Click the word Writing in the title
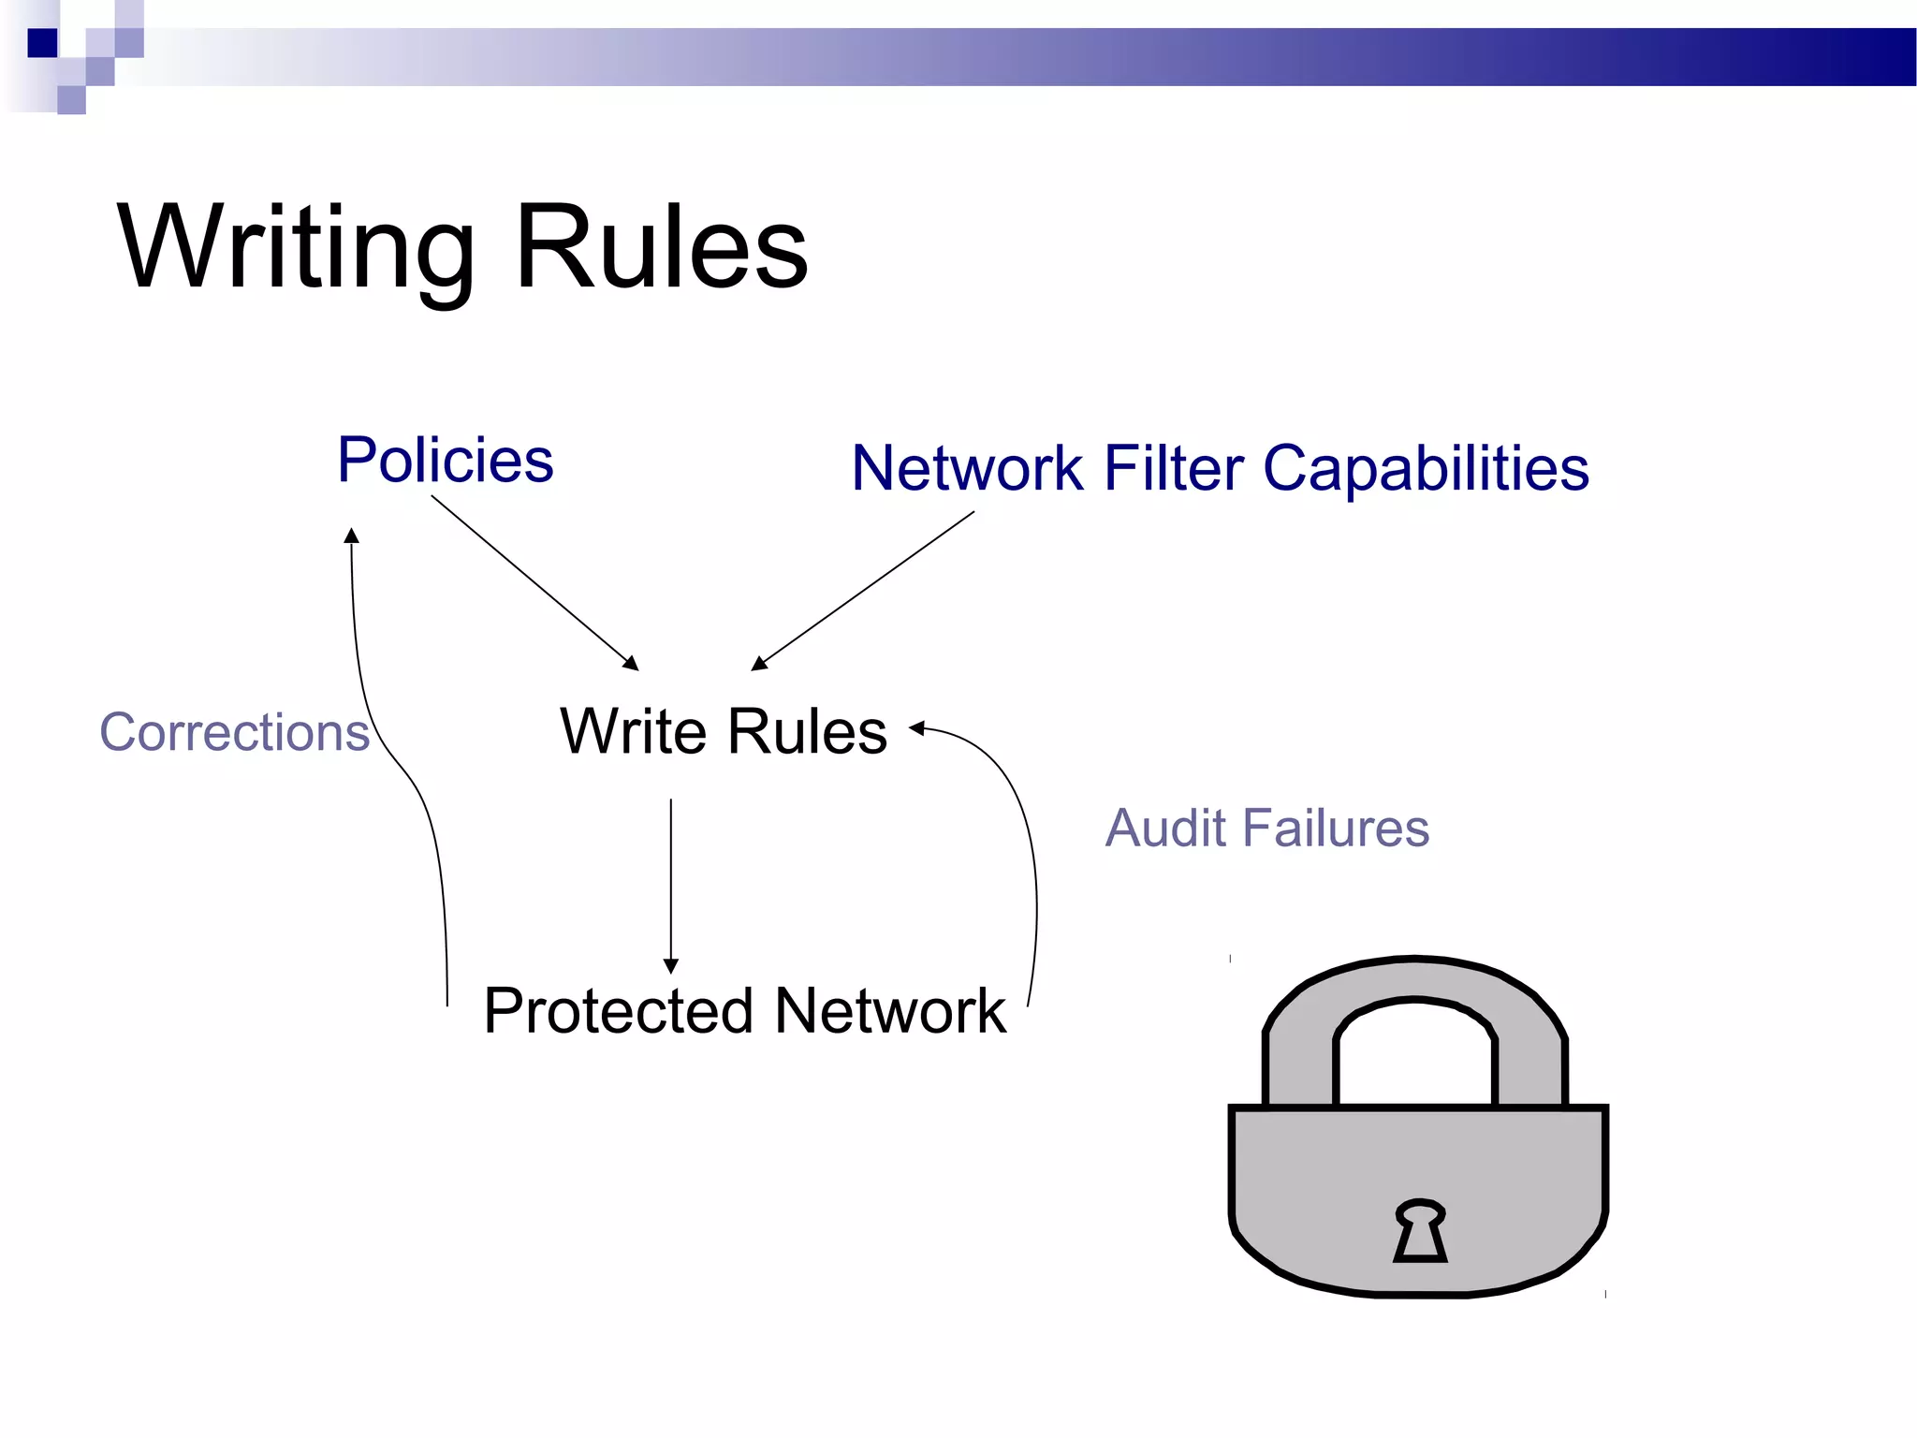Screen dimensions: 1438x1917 pyautogui.click(x=295, y=248)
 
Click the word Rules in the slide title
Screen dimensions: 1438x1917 pyautogui.click(x=661, y=248)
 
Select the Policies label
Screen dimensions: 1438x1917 pyautogui.click(x=446, y=460)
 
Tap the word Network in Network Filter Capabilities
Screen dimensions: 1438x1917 pyautogui.click(x=968, y=468)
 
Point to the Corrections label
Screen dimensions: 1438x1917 pyautogui.click(x=235, y=732)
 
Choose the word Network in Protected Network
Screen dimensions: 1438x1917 pyautogui.click(x=890, y=1011)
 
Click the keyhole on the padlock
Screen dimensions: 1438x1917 pyautogui.click(x=1420, y=1230)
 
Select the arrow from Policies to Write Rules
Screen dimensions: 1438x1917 pyautogui.click(x=534, y=582)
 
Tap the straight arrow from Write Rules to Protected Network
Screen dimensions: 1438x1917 pyautogui.click(x=671, y=880)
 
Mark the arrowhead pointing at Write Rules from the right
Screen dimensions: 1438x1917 pyautogui.click(x=917, y=728)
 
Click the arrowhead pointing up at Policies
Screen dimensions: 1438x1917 pyautogui.click(x=352, y=536)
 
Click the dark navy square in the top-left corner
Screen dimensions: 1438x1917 pyautogui.click(x=42, y=43)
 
